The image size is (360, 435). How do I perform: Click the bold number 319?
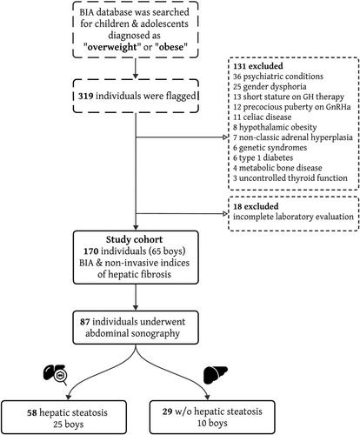pyautogui.click(x=85, y=96)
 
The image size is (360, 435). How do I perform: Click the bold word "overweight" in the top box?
pyautogui.click(x=112, y=47)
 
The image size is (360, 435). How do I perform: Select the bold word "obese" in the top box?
pyautogui.click(x=171, y=47)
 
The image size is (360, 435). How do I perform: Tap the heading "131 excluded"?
pyautogui.click(x=258, y=66)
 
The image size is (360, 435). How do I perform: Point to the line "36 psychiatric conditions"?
pyautogui.click(x=278, y=77)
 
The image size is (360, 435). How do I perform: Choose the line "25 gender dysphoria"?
pyautogui.click(x=270, y=87)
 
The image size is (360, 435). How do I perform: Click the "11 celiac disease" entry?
pyautogui.click(x=262, y=117)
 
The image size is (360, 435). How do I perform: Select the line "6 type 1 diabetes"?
pyautogui.click(x=263, y=157)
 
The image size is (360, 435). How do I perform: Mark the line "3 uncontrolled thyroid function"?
pyautogui.click(x=290, y=178)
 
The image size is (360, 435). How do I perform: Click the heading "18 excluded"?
pyautogui.click(x=256, y=206)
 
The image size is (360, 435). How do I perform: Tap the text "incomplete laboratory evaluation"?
pyautogui.click(x=293, y=217)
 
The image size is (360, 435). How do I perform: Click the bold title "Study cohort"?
pyautogui.click(x=134, y=239)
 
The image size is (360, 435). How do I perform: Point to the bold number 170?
pyautogui.click(x=91, y=251)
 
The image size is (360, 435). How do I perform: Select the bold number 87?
pyautogui.click(x=85, y=322)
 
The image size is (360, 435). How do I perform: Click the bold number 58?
pyautogui.click(x=32, y=412)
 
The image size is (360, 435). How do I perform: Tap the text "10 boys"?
pyautogui.click(x=212, y=423)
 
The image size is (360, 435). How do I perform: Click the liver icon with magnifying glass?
pyautogui.click(x=55, y=375)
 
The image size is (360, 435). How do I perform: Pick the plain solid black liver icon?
pyautogui.click(x=216, y=375)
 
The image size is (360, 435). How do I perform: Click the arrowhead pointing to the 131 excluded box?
pyautogui.click(x=225, y=137)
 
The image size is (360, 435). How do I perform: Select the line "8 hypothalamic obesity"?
pyautogui.click(x=275, y=127)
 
